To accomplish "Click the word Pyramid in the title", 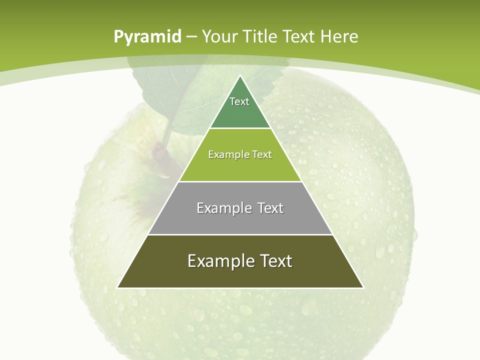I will point(147,37).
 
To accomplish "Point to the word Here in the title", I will point(339,36).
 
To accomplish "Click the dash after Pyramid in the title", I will point(191,37).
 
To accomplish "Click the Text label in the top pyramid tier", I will point(239,101).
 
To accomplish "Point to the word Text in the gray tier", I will point(270,208).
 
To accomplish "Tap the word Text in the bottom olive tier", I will point(276,261).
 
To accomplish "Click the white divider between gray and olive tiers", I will point(240,234).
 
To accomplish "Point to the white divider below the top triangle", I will point(240,128).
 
